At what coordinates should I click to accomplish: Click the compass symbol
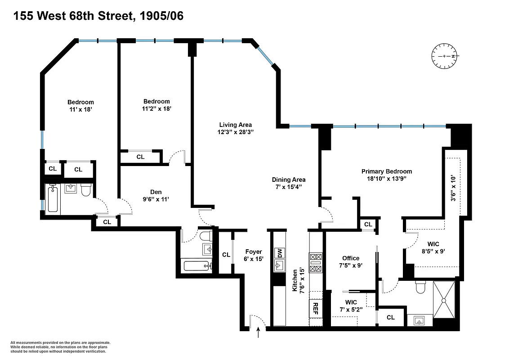(x=444, y=56)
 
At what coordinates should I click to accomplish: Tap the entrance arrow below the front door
(x=259, y=333)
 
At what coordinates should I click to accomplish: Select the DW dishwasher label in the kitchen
(x=279, y=253)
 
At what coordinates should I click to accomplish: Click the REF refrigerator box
(x=316, y=308)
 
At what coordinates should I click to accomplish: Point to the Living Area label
(x=235, y=125)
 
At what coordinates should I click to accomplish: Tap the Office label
(x=350, y=258)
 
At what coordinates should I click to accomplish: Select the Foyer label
(x=254, y=252)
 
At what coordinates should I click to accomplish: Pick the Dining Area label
(x=288, y=180)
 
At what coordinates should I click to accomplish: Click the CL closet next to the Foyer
(x=226, y=255)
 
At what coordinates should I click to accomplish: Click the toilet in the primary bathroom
(x=421, y=287)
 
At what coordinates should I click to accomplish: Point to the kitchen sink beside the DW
(x=279, y=266)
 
